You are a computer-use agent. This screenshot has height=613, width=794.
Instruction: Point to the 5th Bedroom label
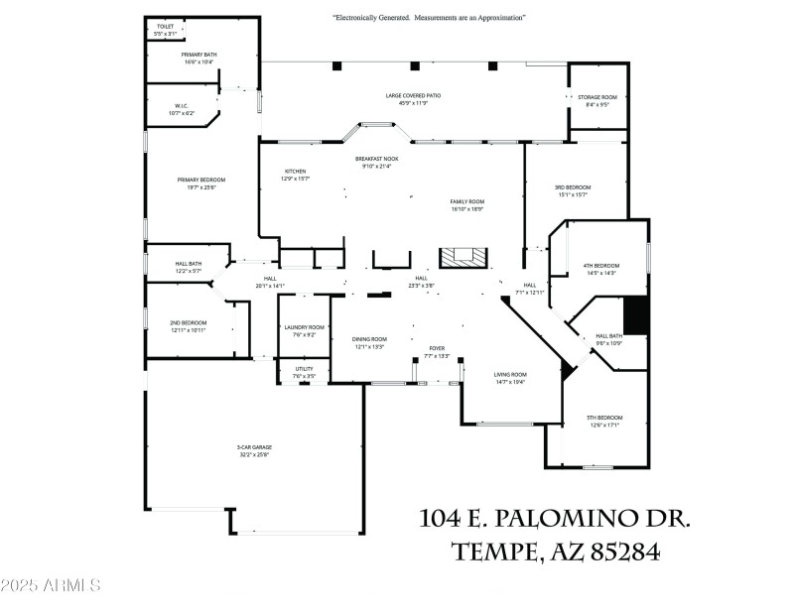(x=603, y=421)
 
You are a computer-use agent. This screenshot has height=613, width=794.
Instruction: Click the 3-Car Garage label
(x=253, y=451)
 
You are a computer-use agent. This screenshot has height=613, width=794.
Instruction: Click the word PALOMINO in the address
(x=567, y=519)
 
